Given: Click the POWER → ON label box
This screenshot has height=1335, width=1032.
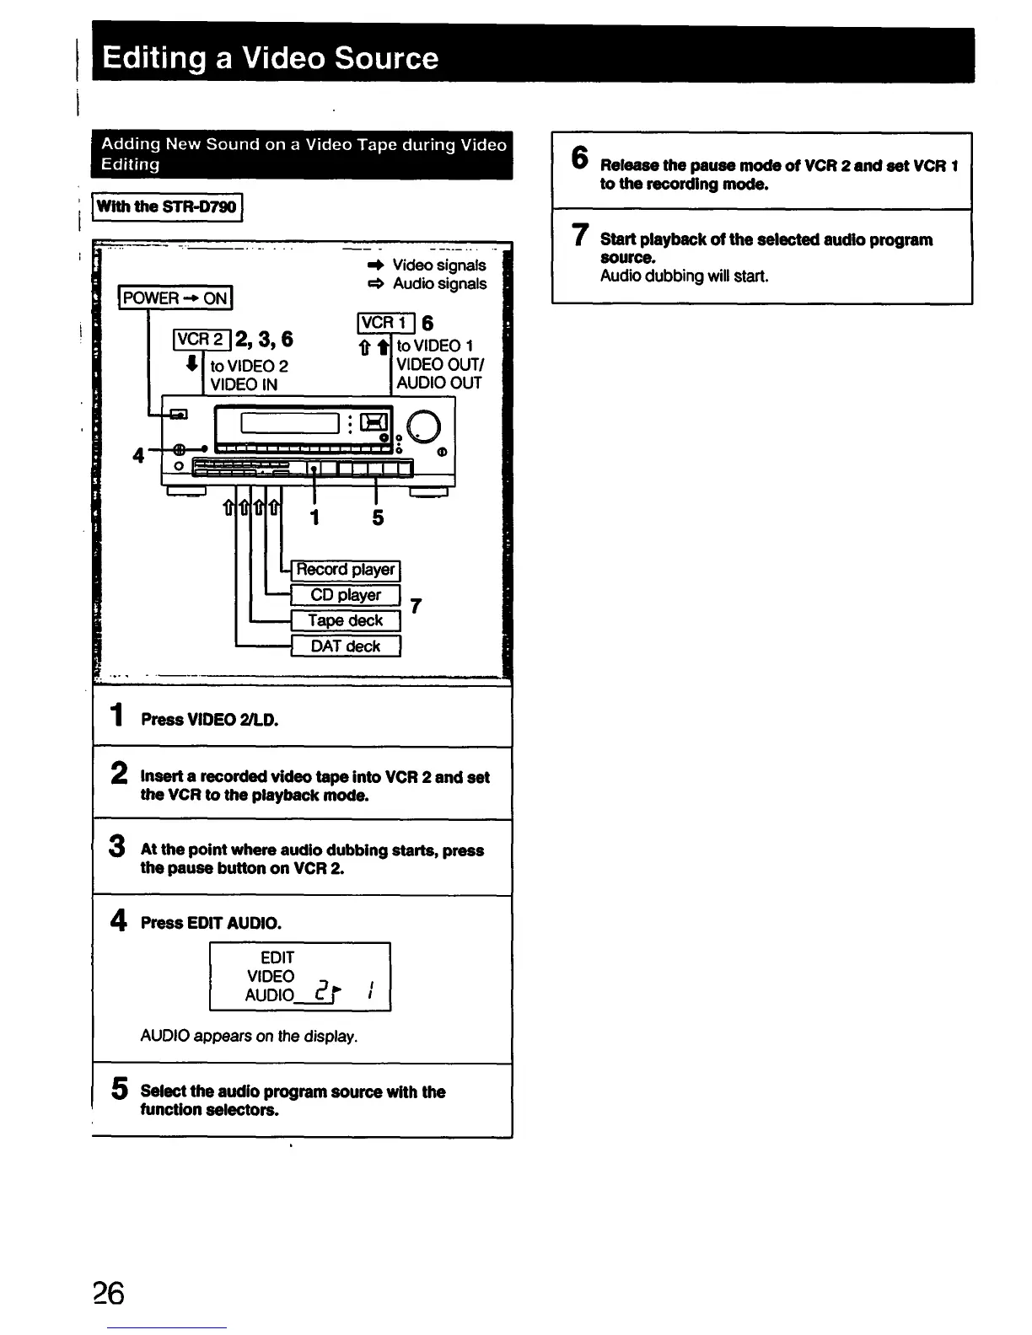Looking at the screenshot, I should coord(175,298).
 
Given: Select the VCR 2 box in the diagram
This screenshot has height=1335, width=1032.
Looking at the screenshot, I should coord(201,339).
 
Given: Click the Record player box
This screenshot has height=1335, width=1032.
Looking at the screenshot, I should coord(345,570).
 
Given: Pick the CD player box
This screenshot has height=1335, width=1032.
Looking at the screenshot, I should coord(345,595).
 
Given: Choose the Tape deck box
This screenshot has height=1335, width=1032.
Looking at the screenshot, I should coord(345,621).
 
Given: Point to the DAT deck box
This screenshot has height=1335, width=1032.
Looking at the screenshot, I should coord(345,646).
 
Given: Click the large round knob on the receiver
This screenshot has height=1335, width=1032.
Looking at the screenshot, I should coord(423,426).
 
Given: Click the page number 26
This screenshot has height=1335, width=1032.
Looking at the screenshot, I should coord(109,1292).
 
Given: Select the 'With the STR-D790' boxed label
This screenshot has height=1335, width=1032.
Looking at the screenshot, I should coord(167,206).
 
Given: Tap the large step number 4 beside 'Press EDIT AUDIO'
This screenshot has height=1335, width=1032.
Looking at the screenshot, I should coord(119,920).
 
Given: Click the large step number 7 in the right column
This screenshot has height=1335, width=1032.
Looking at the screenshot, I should coord(580,234).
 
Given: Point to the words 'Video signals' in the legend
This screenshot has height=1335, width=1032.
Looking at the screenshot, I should coord(438,265).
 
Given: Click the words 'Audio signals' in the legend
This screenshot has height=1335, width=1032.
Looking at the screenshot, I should coord(439,284).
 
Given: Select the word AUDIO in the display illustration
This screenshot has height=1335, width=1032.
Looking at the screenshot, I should coord(269,995).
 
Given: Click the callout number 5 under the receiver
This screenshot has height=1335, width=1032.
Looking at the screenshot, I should coord(378,517).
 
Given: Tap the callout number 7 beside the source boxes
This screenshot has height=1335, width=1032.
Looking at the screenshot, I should coord(415,607).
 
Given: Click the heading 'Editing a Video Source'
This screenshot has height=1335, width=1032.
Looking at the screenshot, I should coord(270,57).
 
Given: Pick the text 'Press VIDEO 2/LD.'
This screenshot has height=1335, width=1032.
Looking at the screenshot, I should coord(209,720).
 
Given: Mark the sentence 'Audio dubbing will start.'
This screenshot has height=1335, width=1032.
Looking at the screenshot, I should coord(684,276).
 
